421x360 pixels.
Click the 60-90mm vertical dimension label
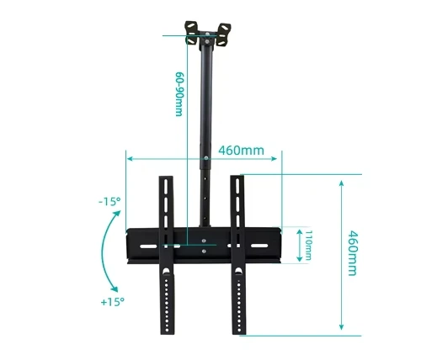[x=179, y=94]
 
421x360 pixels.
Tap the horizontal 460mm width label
[x=242, y=151]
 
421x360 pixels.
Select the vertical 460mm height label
[x=353, y=253]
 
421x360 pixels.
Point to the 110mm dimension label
[x=309, y=246]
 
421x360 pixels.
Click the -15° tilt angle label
[x=109, y=201]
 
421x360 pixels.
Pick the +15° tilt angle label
[x=112, y=302]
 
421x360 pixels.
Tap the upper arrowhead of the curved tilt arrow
[x=116, y=214]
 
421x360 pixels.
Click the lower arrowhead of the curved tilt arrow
[x=114, y=289]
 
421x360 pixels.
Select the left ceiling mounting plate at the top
[x=191, y=33]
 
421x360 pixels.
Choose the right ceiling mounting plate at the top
[x=224, y=35]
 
